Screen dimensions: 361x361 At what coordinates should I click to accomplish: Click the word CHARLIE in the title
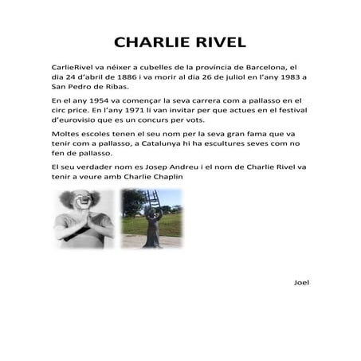point(148,42)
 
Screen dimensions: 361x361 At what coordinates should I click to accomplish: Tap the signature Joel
point(301,282)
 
